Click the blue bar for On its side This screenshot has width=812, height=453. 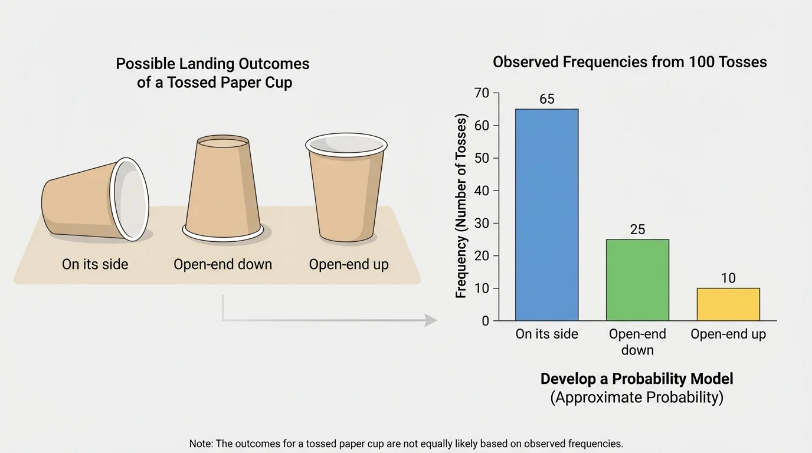pyautogui.click(x=546, y=215)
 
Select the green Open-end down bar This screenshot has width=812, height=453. pyautogui.click(x=637, y=280)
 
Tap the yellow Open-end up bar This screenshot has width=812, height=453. pyautogui.click(x=728, y=304)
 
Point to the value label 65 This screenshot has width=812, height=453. pyautogui.click(x=547, y=99)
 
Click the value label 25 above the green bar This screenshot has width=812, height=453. pyautogui.click(x=637, y=229)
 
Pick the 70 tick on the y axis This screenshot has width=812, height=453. pyautogui.click(x=482, y=93)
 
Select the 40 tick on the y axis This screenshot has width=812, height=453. pyautogui.click(x=482, y=191)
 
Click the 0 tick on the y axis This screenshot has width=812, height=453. pyautogui.click(x=485, y=321)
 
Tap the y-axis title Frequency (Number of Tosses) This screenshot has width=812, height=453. pyautogui.click(x=461, y=206)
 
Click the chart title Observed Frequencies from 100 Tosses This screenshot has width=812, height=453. pyautogui.click(x=630, y=62)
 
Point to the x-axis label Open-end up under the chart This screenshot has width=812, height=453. pyautogui.click(x=728, y=334)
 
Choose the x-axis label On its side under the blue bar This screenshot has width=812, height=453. pyautogui.click(x=546, y=334)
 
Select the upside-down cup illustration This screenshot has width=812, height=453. pyautogui.click(x=222, y=188)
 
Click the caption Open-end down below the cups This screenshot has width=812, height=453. pyautogui.click(x=222, y=264)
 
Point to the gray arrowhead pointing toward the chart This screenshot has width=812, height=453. pyautogui.click(x=431, y=320)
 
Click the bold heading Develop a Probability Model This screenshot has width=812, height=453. pyautogui.click(x=637, y=379)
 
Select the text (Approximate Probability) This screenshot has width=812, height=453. pyautogui.click(x=637, y=397)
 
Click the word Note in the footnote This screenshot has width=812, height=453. pyautogui.click(x=201, y=444)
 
